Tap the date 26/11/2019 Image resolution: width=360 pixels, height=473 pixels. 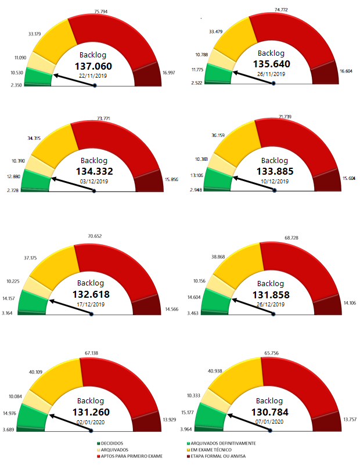271,74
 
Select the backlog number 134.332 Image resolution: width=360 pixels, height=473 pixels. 94,171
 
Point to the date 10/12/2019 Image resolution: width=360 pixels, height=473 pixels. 275,181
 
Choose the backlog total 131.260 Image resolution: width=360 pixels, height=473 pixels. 93,413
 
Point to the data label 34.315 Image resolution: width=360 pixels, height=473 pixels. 35,138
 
